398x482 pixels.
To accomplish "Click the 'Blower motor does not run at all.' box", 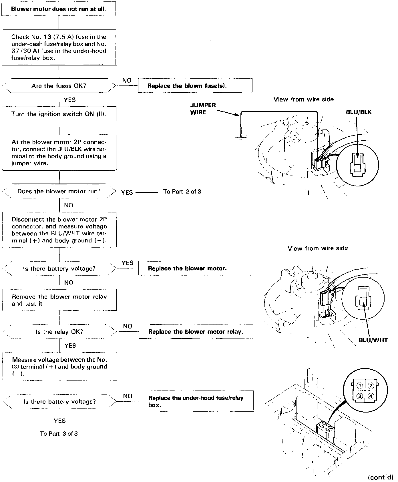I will [59, 9].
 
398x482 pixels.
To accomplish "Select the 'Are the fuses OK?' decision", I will [59, 86].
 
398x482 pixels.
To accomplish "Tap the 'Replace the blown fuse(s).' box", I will [195, 86].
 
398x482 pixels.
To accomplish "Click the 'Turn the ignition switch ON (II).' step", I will [59, 114].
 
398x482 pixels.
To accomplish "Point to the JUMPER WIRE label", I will [203, 109].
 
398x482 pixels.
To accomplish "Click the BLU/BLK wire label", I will [359, 112].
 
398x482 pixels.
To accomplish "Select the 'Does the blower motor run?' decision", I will [59, 191].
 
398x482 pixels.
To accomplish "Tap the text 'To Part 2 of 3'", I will [182, 192].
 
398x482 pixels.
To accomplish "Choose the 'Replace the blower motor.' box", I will [196, 268].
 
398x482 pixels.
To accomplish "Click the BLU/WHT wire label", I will [373, 340].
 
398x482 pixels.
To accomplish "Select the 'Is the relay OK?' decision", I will [59, 332].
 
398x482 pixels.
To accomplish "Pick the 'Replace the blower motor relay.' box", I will [196, 332].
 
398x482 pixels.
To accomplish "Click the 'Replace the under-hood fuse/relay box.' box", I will [196, 401].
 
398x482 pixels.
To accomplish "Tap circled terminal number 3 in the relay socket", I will [360, 396].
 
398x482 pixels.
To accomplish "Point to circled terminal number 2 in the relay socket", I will [371, 386].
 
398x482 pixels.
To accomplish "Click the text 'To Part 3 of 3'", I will [59, 434].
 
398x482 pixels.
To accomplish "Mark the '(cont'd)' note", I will [381, 477].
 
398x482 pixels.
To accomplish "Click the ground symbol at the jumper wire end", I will [241, 137].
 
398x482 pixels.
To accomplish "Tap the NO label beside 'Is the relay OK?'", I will [128, 326].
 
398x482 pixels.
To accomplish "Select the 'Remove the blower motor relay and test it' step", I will [59, 300].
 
